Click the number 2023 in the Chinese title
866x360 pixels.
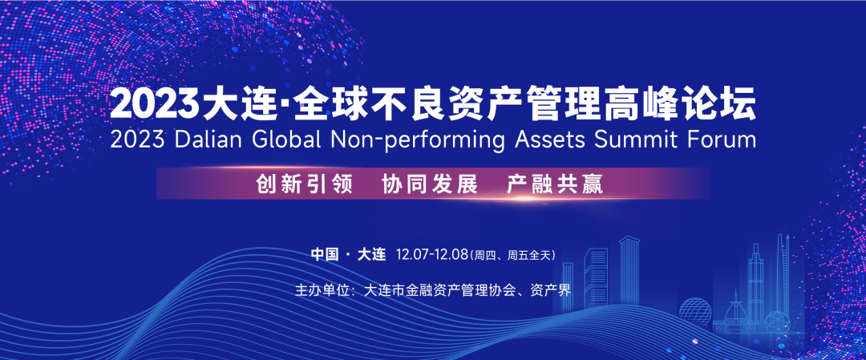pyautogui.click(x=156, y=104)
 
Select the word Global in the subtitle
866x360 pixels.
pyautogui.click(x=286, y=140)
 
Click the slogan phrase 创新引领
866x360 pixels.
pyautogui.click(x=305, y=184)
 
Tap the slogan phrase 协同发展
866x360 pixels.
pyautogui.click(x=430, y=184)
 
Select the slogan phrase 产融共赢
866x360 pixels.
pyautogui.click(x=555, y=184)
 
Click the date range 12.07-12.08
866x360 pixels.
pyautogui.click(x=432, y=255)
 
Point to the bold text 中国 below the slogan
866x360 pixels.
pyautogui.click(x=324, y=255)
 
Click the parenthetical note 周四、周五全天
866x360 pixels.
pyautogui.click(x=512, y=256)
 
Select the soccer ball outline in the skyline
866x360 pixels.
pyautogui.click(x=777, y=322)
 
